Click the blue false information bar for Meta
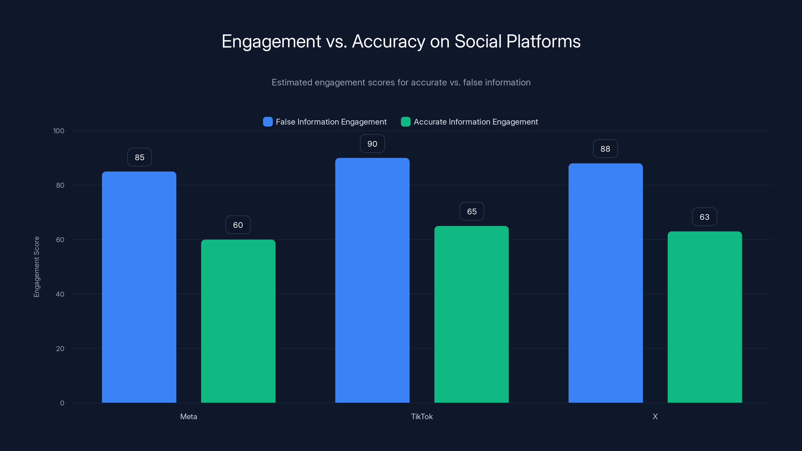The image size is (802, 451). click(139, 287)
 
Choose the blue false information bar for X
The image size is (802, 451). click(605, 283)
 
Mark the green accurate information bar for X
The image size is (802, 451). click(705, 317)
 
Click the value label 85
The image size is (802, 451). click(140, 157)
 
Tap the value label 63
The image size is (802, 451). click(705, 217)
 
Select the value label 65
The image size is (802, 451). click(472, 211)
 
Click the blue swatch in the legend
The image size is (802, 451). click(268, 122)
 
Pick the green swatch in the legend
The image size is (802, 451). click(405, 122)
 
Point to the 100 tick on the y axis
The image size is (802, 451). click(59, 131)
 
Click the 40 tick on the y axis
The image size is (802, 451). click(60, 294)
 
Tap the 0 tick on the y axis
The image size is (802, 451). click(62, 403)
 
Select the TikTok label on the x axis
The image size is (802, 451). click(422, 416)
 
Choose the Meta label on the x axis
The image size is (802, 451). click(188, 416)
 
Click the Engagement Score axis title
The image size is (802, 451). click(36, 267)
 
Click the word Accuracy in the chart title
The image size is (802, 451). click(388, 41)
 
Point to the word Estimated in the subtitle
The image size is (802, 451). click(291, 82)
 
